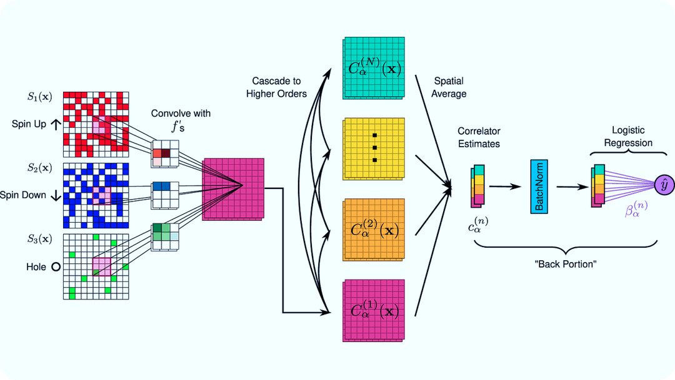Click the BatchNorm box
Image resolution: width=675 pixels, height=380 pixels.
point(538,187)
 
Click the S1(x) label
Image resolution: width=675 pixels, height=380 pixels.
point(39,97)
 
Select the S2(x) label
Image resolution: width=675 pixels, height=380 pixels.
point(39,168)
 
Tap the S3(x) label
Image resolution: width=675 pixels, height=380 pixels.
point(39,239)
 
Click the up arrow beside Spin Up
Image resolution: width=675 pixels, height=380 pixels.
point(55,124)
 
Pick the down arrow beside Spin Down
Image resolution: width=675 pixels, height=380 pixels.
point(55,195)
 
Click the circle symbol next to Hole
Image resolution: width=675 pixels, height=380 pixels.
point(55,267)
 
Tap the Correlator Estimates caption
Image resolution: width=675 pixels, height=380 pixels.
point(479,138)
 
